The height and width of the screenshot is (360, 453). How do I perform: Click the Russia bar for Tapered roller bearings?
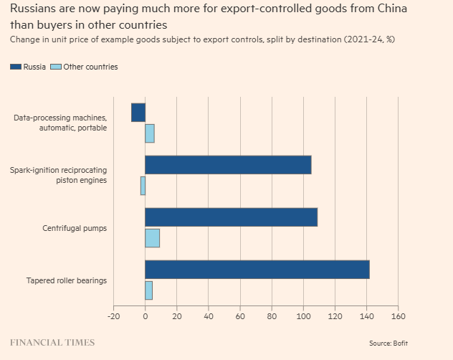(x=257, y=269)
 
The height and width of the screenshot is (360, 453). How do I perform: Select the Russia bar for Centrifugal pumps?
(x=231, y=217)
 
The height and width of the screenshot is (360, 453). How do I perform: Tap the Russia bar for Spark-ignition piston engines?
(x=228, y=165)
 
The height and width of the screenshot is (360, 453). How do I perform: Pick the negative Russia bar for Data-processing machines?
(x=138, y=113)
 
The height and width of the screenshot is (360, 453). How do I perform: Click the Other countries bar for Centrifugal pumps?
(x=152, y=237)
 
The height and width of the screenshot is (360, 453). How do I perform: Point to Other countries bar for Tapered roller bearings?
(x=148, y=290)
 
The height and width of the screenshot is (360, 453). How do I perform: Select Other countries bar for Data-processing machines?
(x=150, y=133)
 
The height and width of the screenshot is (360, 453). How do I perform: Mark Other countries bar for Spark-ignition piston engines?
(x=143, y=186)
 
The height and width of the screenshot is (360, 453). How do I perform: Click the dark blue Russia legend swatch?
(x=16, y=67)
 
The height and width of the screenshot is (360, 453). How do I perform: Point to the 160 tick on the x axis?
(x=399, y=316)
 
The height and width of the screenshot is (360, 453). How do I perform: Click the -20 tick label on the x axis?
(x=113, y=316)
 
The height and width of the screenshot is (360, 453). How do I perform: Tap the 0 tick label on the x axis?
(x=146, y=316)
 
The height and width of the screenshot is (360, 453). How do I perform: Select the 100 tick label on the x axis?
(x=303, y=316)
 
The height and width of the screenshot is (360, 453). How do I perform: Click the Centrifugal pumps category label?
(x=74, y=228)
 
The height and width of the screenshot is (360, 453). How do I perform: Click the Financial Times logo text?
(x=52, y=343)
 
